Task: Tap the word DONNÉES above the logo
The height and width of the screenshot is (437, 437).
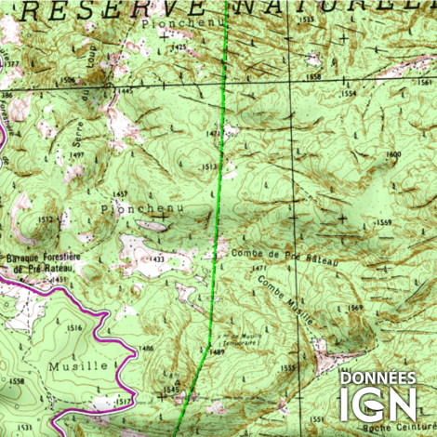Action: tap(377, 378)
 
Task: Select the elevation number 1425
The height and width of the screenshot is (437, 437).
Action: tap(179, 46)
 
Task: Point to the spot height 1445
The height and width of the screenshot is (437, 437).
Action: tap(125, 91)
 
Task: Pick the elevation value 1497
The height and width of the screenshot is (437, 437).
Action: tap(77, 155)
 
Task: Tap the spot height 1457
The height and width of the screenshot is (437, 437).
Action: tap(120, 193)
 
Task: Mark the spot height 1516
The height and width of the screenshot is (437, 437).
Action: tap(75, 328)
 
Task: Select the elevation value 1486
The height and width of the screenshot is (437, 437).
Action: tap(146, 348)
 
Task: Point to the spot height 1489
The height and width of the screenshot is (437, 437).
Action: tap(218, 352)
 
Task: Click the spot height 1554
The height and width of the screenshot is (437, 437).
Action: tap(348, 94)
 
